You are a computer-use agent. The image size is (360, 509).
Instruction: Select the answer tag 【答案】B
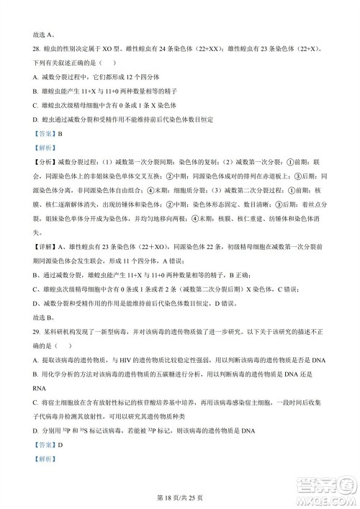(x=48, y=134)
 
